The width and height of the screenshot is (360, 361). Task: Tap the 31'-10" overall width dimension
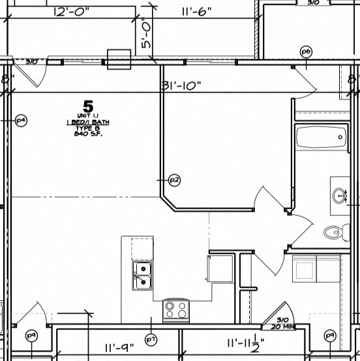coord(182,85)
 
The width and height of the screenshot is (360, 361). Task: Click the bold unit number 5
coord(87,104)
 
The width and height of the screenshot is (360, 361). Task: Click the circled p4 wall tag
coord(21,120)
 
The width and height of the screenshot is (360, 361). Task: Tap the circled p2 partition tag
coord(174,179)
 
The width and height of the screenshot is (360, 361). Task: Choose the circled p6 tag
coord(305,51)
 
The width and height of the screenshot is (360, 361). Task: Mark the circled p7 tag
coord(151,339)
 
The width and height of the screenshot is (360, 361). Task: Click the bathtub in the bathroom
coord(321,138)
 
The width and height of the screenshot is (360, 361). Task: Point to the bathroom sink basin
coord(339,195)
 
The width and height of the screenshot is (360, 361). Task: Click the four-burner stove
coord(175,308)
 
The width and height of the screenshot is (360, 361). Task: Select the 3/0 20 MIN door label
coord(282,323)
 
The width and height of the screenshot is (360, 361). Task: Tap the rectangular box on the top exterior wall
coord(119,59)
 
